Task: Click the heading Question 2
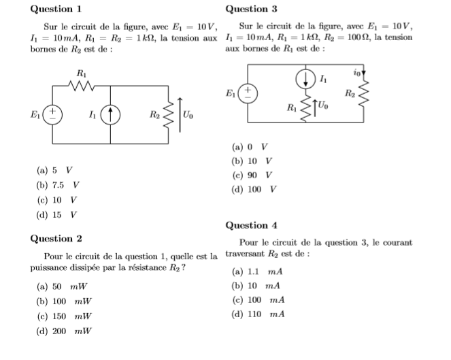pos(56,238)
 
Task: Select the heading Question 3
pos(251,9)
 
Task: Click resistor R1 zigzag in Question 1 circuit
pos(82,86)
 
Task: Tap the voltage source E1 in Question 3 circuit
pos(248,93)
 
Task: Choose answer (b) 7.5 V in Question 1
pos(58,185)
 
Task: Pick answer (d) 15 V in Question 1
pos(58,215)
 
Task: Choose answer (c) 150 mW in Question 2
pos(64,316)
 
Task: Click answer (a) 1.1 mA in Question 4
pos(257,272)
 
